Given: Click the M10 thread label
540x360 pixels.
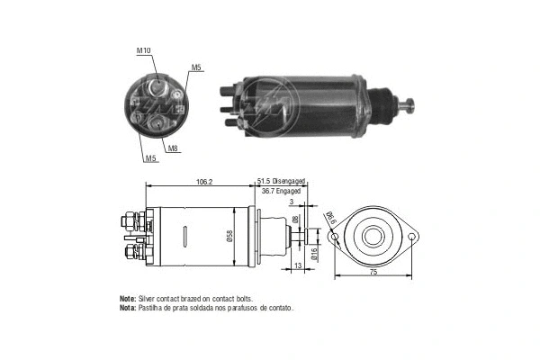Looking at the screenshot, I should pyautogui.click(x=144, y=50).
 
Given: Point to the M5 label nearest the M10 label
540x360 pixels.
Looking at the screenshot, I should pyautogui.click(x=196, y=67).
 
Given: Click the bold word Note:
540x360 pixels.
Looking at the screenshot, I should pyautogui.click(x=128, y=298).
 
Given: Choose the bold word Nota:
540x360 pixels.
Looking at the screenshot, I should pyautogui.click(x=128, y=308).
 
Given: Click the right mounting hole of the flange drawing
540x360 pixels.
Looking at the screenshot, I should pyautogui.click(x=412, y=238).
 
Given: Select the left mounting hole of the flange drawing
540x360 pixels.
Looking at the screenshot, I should pyautogui.click(x=334, y=238).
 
